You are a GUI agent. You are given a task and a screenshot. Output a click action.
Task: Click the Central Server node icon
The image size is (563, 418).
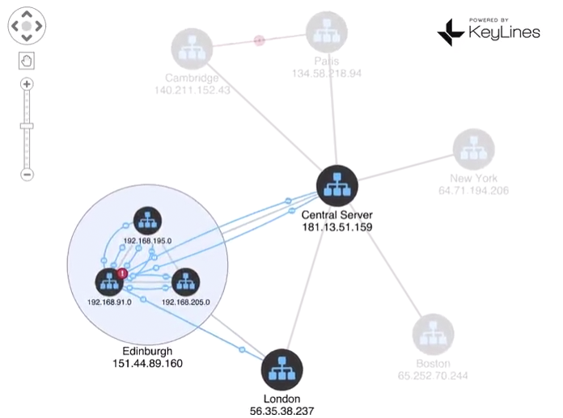pos(337,186)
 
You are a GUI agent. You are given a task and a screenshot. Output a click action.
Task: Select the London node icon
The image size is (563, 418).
pos(281,370)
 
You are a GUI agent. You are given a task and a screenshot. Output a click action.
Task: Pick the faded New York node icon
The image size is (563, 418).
pos(473,150)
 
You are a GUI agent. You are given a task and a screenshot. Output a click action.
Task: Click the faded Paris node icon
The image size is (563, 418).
pos(326,33)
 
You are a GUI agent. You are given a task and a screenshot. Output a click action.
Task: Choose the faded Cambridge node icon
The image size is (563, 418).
pos(192,49)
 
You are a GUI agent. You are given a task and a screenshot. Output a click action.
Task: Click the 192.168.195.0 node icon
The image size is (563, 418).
pos(146,222)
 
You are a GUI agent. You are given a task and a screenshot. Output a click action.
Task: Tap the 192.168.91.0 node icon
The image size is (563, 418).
pos(109,282)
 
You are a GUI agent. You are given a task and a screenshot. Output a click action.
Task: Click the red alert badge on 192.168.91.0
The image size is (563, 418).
pos(123,273)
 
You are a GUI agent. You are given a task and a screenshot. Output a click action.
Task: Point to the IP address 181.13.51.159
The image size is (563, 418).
pos(337,227)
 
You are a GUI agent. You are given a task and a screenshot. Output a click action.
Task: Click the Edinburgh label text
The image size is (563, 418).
pos(147,351)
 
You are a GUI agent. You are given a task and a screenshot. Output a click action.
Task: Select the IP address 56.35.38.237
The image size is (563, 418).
pos(282,411)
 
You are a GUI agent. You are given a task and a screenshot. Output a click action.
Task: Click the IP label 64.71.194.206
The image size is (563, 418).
pos(473,191)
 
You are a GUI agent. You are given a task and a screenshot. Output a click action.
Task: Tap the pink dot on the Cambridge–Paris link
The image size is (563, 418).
pos(260,40)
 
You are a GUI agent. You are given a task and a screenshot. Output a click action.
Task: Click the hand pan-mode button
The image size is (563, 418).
pos(27,61)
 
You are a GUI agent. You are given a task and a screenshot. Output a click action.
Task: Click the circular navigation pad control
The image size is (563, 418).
pos(27,26)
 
